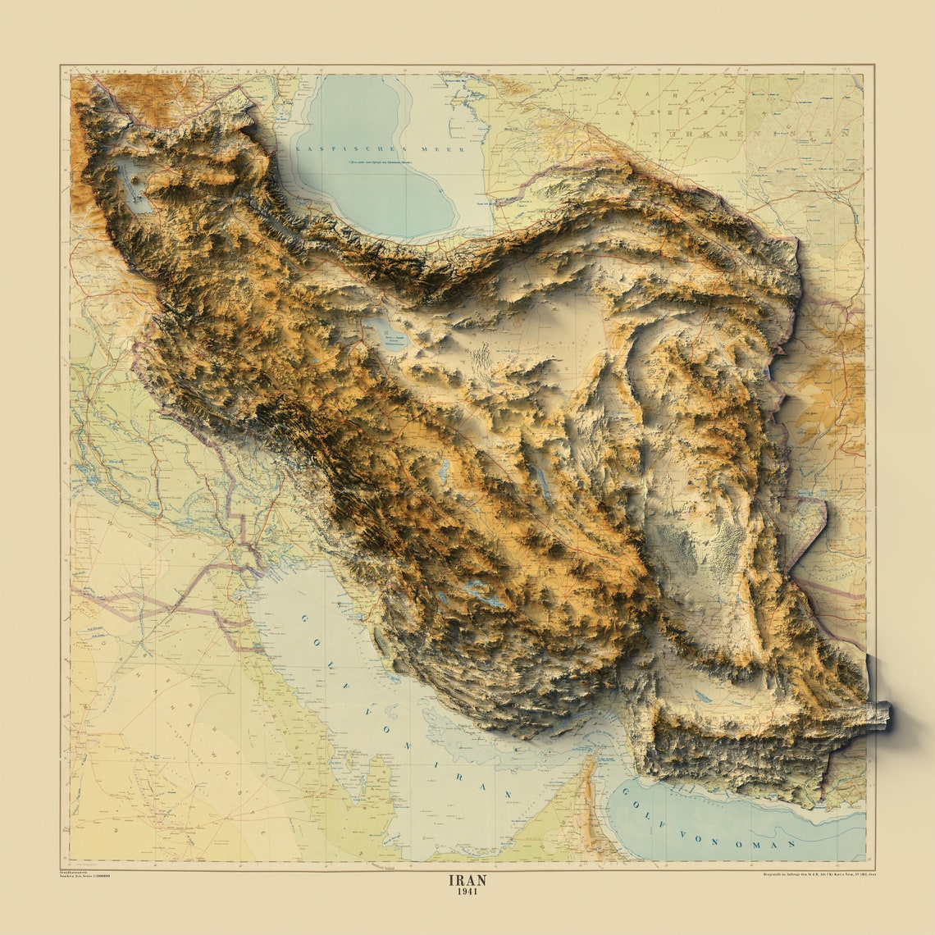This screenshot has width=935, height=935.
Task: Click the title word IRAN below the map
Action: [467, 880]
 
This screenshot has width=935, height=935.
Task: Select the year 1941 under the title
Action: [467, 892]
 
